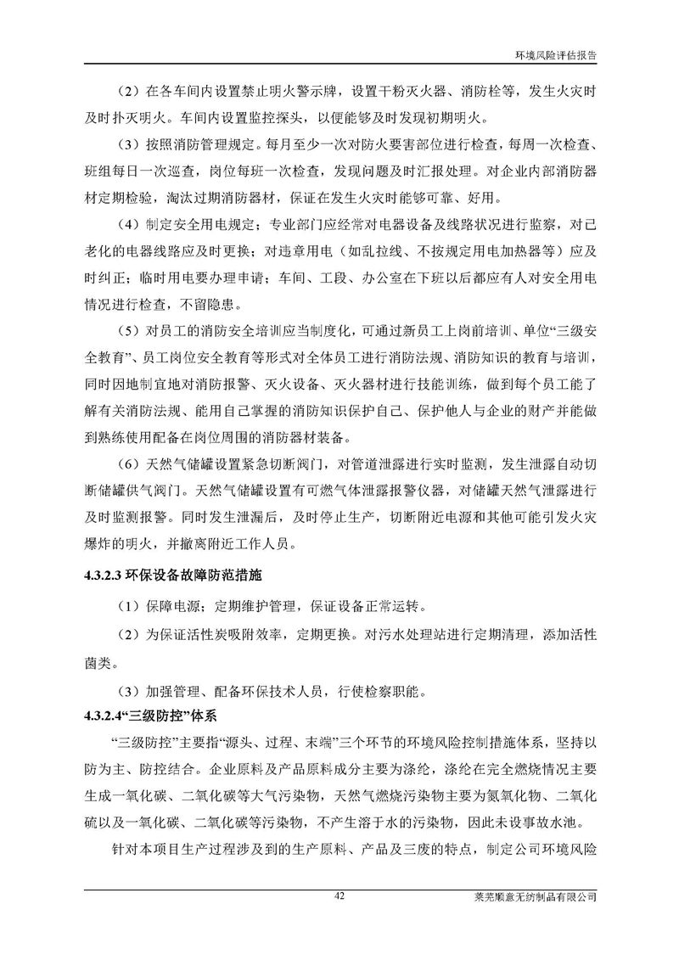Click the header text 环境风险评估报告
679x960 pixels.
(x=556, y=51)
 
